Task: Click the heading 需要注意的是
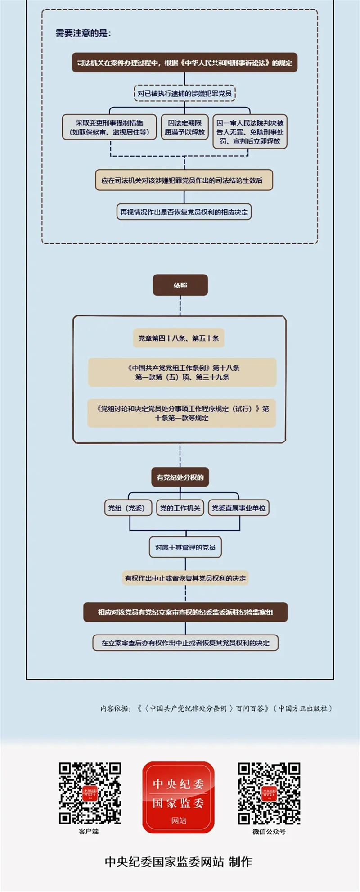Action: (83, 33)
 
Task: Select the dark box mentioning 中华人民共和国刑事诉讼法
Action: (184, 63)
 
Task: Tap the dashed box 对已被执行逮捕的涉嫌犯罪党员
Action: (184, 94)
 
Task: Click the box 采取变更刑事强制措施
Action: (109, 127)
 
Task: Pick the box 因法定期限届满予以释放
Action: (184, 127)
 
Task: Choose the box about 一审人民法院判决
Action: (250, 131)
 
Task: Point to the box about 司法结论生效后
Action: (184, 180)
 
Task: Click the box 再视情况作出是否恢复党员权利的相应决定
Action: (184, 212)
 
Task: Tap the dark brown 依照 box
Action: (180, 285)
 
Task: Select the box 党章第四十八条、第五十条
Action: (179, 338)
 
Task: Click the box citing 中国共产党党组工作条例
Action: (182, 372)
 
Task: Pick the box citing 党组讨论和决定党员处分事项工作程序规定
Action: (182, 413)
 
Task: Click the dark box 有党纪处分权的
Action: (180, 477)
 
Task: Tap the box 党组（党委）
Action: (127, 508)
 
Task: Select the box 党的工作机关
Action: (180, 508)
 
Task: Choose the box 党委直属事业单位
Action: (238, 508)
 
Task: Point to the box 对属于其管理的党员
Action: (185, 547)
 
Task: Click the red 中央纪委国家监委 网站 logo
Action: (179, 797)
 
